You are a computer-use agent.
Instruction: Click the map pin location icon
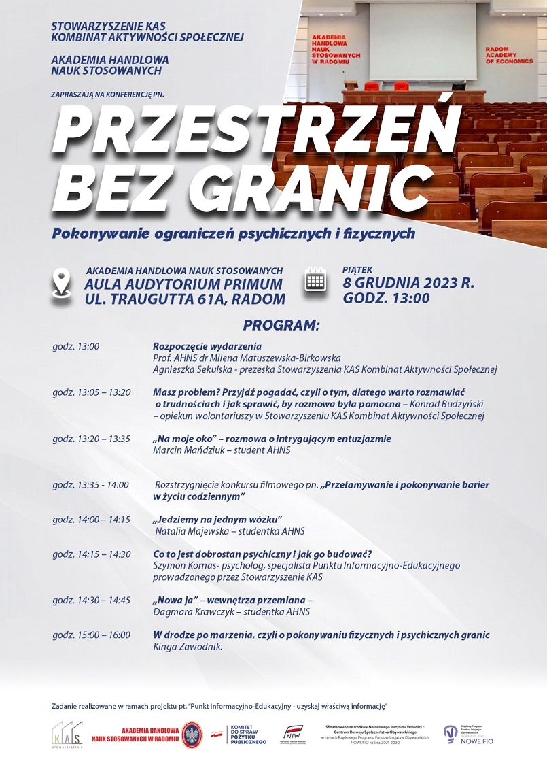click(x=62, y=283)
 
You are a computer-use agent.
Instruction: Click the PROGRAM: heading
click(x=281, y=325)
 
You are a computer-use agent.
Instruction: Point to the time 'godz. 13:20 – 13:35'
click(x=91, y=439)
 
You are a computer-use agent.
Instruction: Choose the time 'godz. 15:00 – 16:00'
click(x=91, y=635)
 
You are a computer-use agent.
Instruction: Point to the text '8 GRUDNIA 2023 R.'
click(x=408, y=283)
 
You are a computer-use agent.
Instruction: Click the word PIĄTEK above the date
click(x=358, y=270)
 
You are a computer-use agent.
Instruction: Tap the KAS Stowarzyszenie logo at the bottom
click(x=67, y=735)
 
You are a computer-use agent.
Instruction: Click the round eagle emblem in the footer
click(x=192, y=735)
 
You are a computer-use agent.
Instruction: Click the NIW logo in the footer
click(x=294, y=735)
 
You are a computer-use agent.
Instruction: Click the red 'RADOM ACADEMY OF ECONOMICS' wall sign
click(x=509, y=55)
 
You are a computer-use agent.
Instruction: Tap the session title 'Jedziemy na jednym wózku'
click(x=217, y=519)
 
